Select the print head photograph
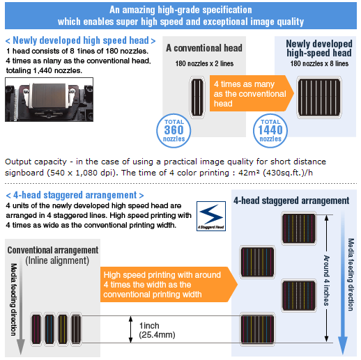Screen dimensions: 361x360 pos(49,100)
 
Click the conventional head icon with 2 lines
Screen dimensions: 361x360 pos(197,97)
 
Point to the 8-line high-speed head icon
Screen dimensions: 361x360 pos(319,97)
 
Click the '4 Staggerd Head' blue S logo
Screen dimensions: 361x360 pos(211,216)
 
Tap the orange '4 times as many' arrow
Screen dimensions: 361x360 pos(252,93)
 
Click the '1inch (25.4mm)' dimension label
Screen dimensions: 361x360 pos(157,330)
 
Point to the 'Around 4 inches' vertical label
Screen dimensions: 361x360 pos(326,280)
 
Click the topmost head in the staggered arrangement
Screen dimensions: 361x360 pos(299,228)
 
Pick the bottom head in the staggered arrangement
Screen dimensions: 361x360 pos(257,329)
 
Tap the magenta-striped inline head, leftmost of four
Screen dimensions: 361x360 pos(36,329)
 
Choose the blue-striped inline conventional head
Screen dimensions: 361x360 pos(49,329)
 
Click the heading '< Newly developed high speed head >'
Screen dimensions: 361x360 pos(80,40)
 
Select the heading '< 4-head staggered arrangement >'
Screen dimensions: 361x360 pos(75,195)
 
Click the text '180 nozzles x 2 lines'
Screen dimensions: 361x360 pos(204,63)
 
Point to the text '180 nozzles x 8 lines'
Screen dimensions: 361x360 pos(319,63)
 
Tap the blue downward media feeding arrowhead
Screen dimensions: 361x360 pos(343,345)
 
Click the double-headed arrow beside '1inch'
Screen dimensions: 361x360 pos(131,329)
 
